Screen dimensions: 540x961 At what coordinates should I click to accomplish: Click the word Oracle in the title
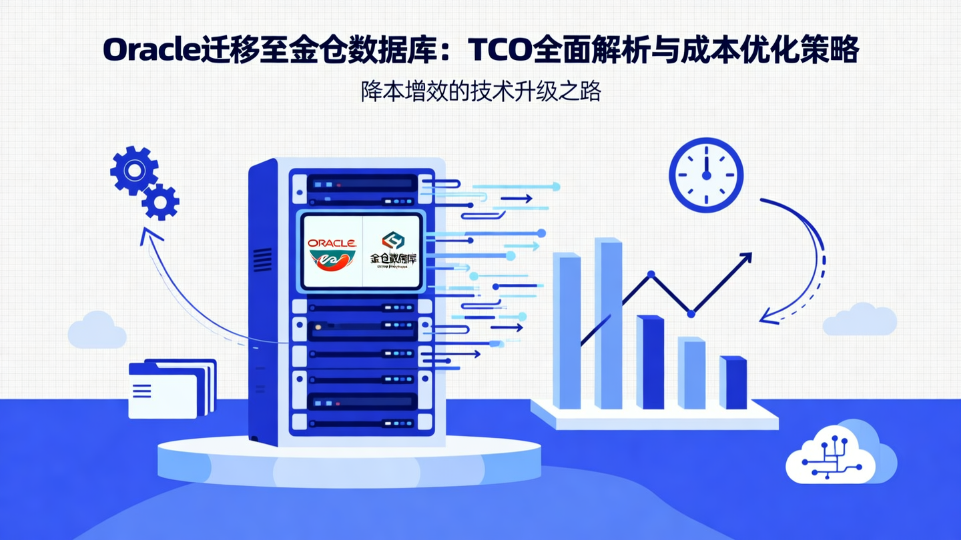[151, 51]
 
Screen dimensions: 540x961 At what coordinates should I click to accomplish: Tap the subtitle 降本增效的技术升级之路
[480, 91]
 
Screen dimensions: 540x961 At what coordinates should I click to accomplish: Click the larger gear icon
[134, 171]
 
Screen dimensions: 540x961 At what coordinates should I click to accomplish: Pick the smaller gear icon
[161, 201]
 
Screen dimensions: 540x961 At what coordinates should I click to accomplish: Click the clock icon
[706, 175]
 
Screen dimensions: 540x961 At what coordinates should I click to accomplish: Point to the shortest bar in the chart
[733, 383]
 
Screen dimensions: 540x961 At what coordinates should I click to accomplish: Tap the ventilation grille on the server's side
[262, 261]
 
